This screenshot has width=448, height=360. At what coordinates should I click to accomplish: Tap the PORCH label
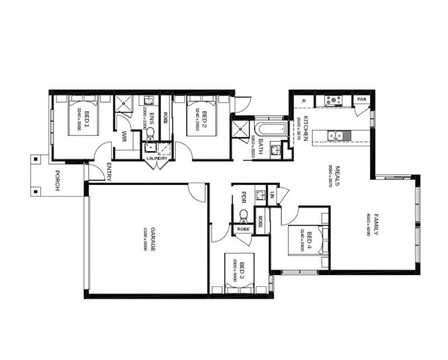coord(57,181)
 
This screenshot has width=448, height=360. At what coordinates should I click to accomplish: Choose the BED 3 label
coord(242,272)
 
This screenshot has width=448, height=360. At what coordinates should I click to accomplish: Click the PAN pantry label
coord(362,100)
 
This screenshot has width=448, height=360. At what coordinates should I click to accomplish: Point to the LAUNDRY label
coord(157,158)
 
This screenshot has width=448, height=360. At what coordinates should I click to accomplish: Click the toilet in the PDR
coord(243,215)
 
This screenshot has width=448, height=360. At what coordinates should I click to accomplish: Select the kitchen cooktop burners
coord(334,101)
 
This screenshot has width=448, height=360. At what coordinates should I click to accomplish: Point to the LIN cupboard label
coord(272,194)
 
